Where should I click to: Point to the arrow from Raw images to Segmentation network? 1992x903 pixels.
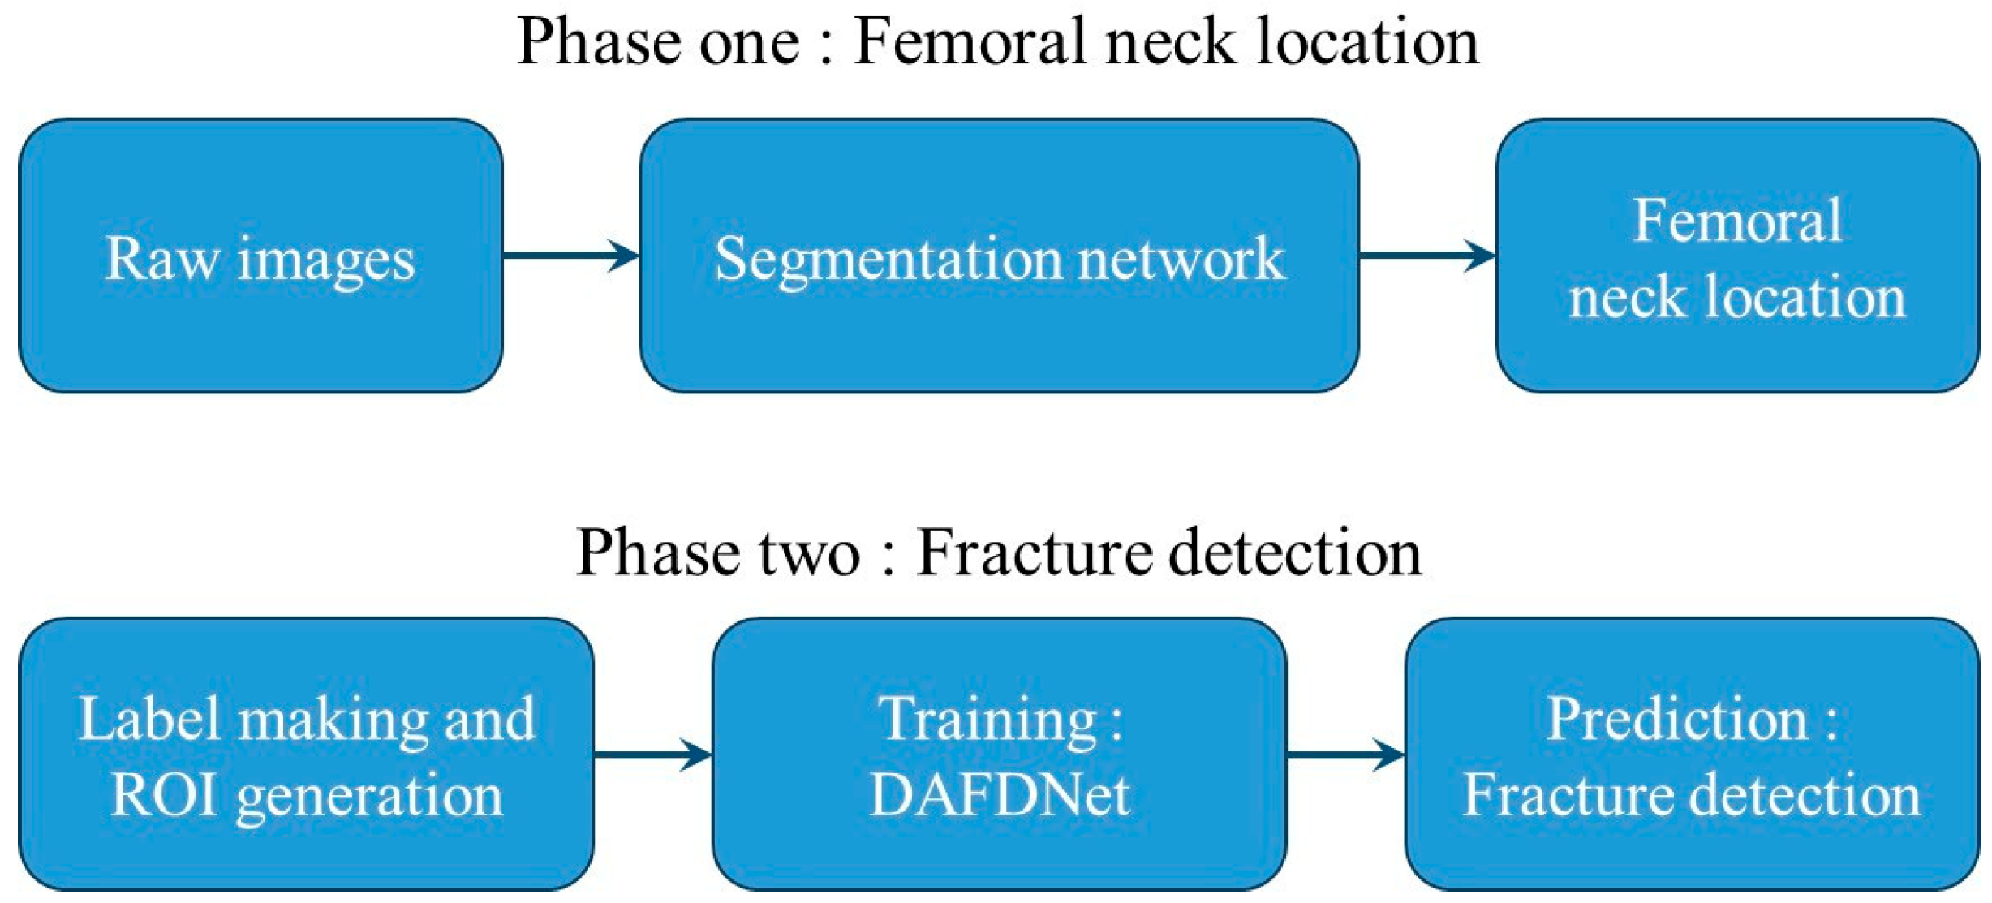pos(570,256)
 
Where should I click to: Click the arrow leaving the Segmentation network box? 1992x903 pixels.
pos(1426,256)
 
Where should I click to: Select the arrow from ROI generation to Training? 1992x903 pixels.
pos(652,755)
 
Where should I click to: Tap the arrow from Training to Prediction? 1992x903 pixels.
pos(1345,755)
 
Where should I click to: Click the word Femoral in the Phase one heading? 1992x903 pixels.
pos(971,42)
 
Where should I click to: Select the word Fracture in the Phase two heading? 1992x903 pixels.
pos(1035,553)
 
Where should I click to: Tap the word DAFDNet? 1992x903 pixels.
pos(1000,795)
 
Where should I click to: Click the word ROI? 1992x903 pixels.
pos(164,795)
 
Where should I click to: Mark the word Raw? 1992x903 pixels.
pos(162,260)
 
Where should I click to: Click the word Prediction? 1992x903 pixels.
pos(1678,720)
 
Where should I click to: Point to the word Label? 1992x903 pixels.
pos(150,719)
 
